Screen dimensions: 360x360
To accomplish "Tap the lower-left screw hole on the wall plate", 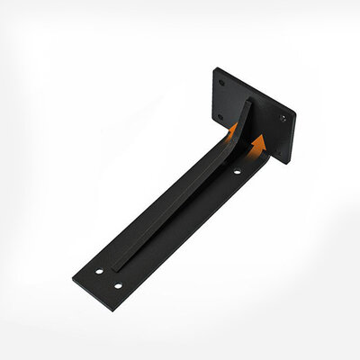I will [x=219, y=115].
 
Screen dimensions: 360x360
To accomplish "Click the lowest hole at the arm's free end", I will [x=118, y=285].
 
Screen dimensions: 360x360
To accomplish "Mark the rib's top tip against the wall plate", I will [x=247, y=102].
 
